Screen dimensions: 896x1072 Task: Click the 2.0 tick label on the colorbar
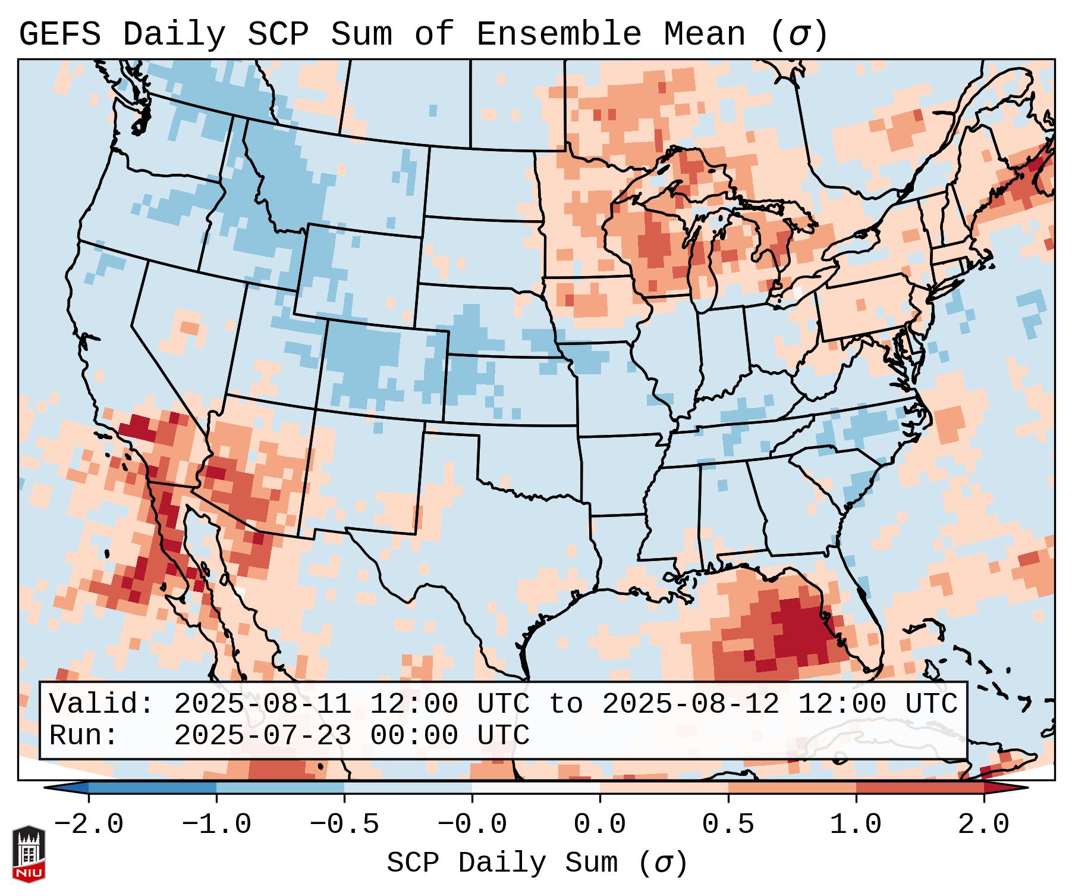(x=983, y=825)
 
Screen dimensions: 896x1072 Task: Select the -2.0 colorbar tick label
(x=89, y=825)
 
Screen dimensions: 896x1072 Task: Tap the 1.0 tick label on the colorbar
(x=856, y=825)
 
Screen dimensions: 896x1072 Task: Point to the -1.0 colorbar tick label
(x=216, y=825)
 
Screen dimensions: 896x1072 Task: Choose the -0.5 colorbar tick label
(x=344, y=825)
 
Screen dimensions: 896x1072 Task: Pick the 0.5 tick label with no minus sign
(x=728, y=825)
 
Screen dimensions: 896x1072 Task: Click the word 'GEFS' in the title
(x=59, y=34)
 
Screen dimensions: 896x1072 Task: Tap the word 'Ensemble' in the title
(x=558, y=34)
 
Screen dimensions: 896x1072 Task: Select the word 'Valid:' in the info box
(x=102, y=704)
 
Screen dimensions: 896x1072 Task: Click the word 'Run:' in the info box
(x=84, y=735)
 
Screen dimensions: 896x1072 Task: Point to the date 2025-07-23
(x=262, y=735)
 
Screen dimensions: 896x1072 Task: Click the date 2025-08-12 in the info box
(x=690, y=704)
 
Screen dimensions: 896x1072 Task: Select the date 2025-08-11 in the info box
(x=262, y=704)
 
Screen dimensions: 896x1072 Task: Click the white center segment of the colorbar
(x=536, y=788)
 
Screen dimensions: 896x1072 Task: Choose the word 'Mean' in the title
(x=704, y=34)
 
